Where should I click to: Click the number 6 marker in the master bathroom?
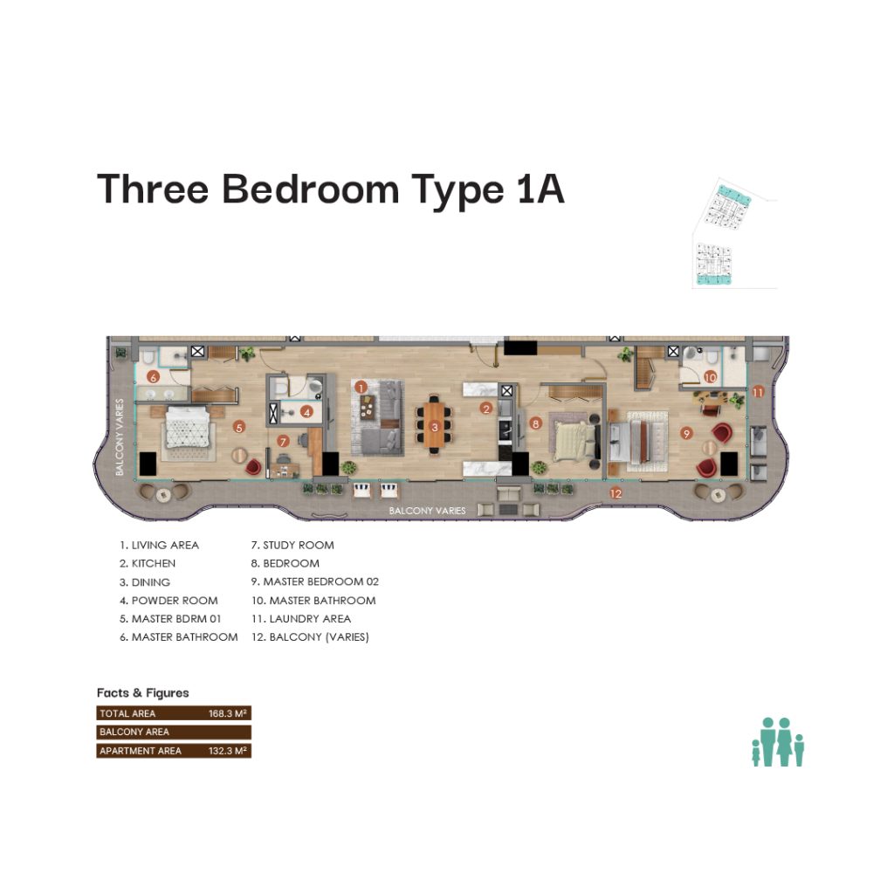153,377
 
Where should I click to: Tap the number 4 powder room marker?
306,411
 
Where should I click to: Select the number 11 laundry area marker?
758,392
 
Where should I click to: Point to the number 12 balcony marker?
615,493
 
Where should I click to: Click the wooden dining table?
435,424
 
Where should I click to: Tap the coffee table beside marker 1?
368,407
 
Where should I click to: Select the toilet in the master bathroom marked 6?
148,357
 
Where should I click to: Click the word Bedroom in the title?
310,189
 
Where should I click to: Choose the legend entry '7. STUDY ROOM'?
292,545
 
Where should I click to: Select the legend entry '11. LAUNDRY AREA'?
301,619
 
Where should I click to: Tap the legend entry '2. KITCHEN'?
148,563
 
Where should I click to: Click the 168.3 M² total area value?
228,713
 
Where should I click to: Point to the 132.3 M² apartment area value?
228,751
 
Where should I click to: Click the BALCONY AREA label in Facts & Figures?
134,732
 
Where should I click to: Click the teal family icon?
778,742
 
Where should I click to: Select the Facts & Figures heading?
142,692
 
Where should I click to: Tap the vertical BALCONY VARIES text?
119,437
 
